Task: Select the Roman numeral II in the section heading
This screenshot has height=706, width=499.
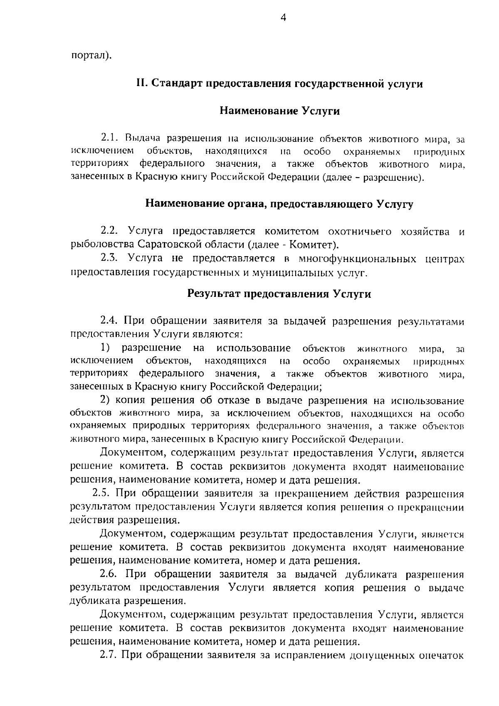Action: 141,84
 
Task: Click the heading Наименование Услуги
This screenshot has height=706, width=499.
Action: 279,111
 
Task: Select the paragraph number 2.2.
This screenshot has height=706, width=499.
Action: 110,231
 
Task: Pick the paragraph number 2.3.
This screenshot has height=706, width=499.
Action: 110,259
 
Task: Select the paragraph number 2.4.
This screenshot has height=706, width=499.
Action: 110,321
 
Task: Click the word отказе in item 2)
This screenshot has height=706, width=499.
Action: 234,401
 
